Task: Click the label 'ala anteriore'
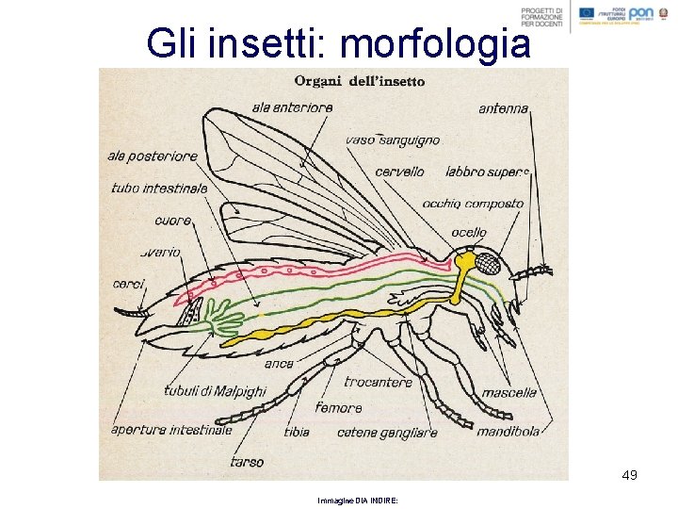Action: point(292,107)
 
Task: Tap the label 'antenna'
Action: point(504,108)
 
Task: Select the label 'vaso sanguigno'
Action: point(393,140)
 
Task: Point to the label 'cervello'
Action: point(399,172)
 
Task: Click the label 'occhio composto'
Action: point(473,203)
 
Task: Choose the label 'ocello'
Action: point(469,232)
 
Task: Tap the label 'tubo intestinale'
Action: point(159,188)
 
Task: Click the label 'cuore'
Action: point(174,221)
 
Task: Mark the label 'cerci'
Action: point(128,283)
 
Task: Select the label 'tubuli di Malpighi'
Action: point(215,391)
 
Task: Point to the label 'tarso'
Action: point(247,462)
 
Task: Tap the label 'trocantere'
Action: point(379,382)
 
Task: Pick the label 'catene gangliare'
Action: point(387,433)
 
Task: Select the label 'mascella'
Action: point(509,392)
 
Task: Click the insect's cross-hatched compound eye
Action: point(487,263)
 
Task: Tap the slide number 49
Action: point(630,475)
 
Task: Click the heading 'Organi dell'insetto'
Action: point(361,80)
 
